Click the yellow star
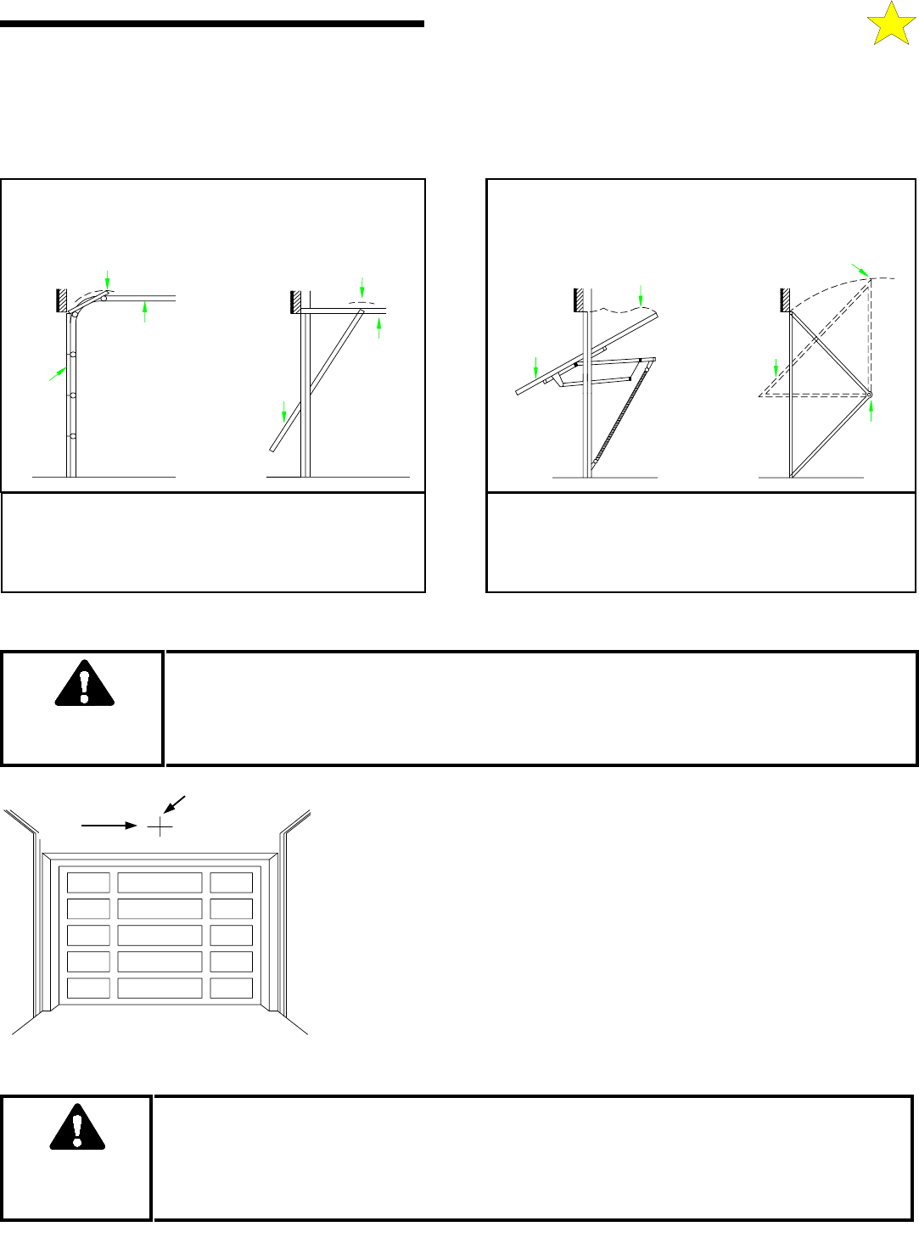point(891,24)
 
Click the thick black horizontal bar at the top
point(212,24)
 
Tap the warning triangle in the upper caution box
point(84,683)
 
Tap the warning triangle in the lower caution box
point(77,1127)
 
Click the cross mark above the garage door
point(160,826)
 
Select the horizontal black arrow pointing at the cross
point(109,825)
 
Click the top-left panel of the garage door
point(88,882)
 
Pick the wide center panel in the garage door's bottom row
point(160,988)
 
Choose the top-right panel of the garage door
point(231,882)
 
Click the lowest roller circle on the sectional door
point(72,436)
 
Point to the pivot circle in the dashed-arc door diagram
point(871,395)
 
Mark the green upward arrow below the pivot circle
point(871,411)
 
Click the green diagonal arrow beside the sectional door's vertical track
point(58,373)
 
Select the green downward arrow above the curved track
point(108,279)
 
